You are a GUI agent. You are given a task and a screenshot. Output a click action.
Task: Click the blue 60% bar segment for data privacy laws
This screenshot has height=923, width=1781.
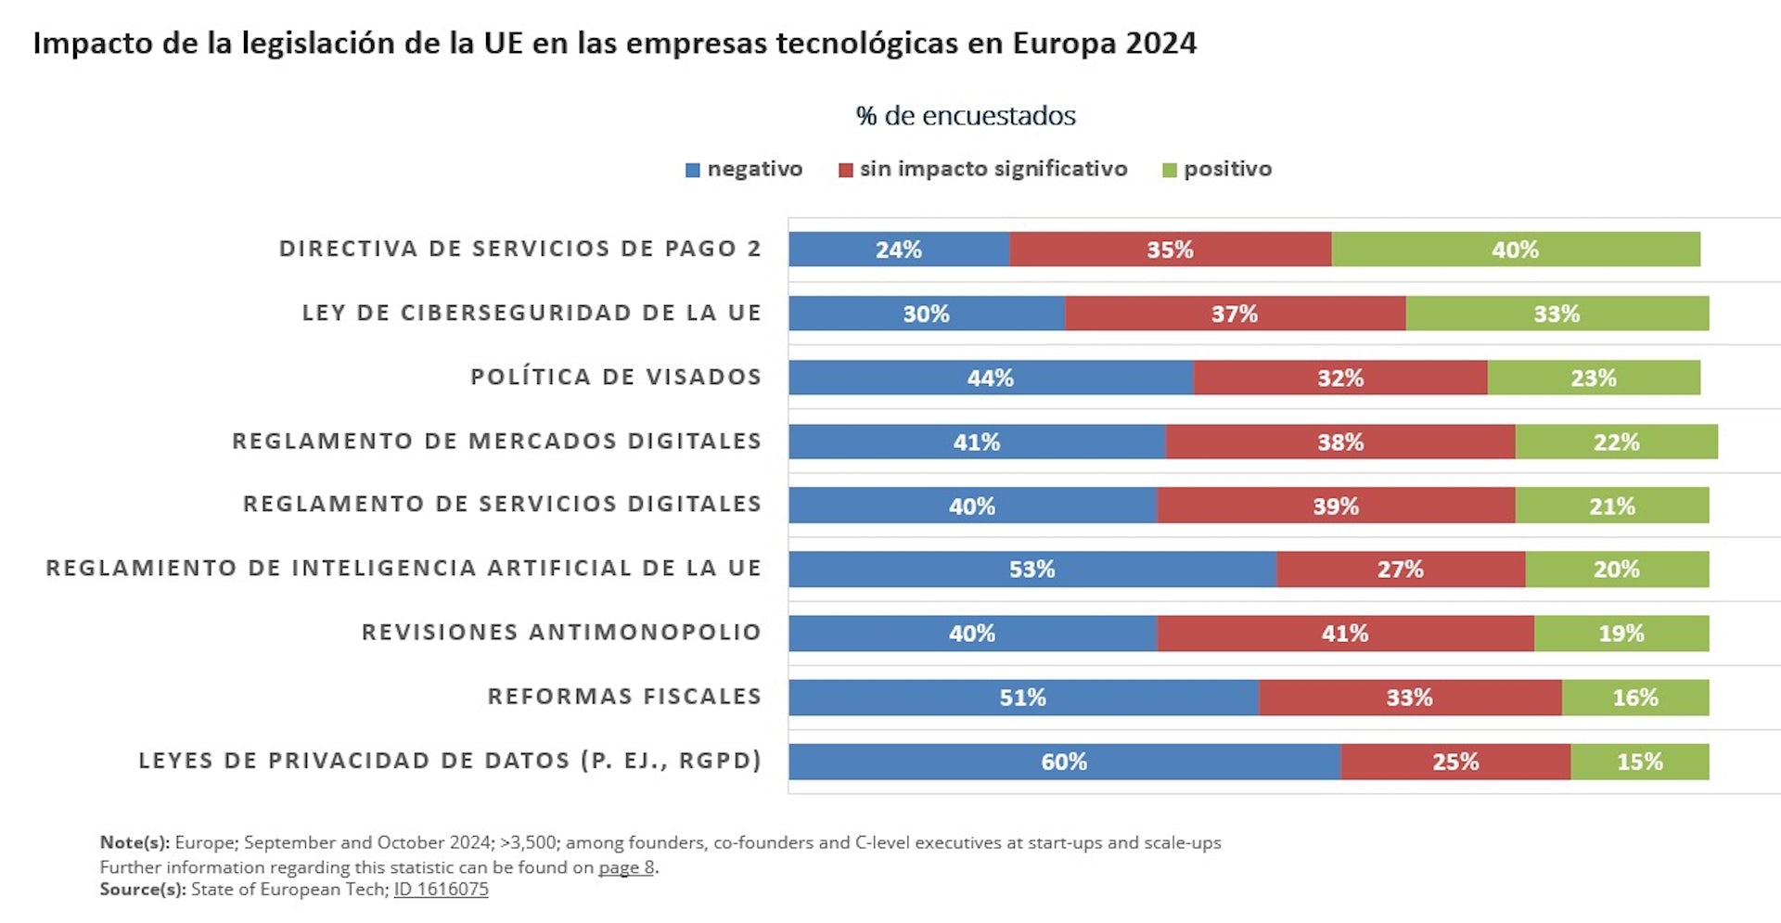1064,762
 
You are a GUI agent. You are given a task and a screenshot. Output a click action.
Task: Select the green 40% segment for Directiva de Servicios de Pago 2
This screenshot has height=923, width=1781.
1515,250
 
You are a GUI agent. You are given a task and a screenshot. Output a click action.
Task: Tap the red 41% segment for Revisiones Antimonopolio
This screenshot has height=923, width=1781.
1345,634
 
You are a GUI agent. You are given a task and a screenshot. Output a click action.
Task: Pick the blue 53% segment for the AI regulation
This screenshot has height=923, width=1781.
1031,570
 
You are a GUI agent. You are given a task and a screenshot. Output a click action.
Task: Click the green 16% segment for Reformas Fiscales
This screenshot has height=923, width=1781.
1634,698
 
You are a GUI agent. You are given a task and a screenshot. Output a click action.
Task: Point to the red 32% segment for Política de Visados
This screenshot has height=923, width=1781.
1339,378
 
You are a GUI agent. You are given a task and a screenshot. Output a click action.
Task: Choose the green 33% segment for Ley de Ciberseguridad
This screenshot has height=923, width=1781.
1556,314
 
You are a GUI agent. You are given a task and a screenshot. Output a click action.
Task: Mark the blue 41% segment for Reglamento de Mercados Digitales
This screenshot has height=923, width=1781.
976,442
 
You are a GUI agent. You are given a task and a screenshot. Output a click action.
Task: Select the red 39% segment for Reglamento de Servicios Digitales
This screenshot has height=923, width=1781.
1335,506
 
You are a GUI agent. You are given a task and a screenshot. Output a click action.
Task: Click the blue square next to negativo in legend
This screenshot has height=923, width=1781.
692,171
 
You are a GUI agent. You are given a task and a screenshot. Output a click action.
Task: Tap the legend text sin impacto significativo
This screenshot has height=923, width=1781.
993,169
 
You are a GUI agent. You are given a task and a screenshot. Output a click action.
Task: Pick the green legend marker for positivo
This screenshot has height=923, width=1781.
1170,171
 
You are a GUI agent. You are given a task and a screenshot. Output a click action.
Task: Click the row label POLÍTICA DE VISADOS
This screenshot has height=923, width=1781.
615,377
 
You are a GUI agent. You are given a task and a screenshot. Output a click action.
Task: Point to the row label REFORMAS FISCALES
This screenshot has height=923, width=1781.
624,697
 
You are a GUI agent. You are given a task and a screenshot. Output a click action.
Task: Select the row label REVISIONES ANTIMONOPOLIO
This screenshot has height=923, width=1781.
561,633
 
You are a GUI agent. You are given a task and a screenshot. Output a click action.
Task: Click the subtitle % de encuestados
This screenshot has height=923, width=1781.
966,116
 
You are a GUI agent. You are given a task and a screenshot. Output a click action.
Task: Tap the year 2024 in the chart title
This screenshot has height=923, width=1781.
1160,44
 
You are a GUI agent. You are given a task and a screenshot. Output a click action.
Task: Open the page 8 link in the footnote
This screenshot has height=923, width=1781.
626,867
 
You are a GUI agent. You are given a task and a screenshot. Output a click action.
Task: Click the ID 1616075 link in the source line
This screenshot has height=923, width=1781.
441,890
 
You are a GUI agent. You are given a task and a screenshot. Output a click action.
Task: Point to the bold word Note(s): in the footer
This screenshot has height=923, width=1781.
135,842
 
